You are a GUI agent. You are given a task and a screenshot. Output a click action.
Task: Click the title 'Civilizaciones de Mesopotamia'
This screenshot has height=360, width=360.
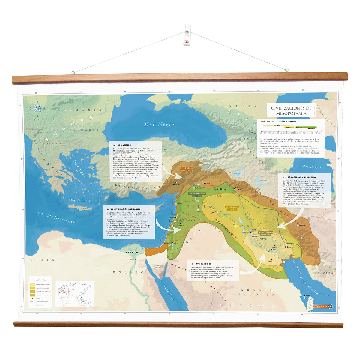click(x=291, y=110)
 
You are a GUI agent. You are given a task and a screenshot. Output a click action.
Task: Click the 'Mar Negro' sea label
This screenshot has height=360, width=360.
click(x=159, y=124)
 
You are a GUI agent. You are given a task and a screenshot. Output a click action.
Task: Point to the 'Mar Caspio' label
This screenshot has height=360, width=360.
click(x=311, y=166)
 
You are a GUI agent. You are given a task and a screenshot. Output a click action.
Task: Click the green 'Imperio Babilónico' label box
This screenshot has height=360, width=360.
click(x=197, y=195)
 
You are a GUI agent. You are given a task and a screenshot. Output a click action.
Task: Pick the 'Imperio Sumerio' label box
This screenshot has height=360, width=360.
click(x=266, y=233)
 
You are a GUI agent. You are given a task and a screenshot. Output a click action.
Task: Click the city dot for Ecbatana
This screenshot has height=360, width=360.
click(x=298, y=225)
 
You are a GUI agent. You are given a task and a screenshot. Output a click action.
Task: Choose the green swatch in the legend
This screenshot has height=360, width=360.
click(x=32, y=295)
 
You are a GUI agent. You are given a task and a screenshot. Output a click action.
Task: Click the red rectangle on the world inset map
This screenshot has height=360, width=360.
click(x=64, y=292)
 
